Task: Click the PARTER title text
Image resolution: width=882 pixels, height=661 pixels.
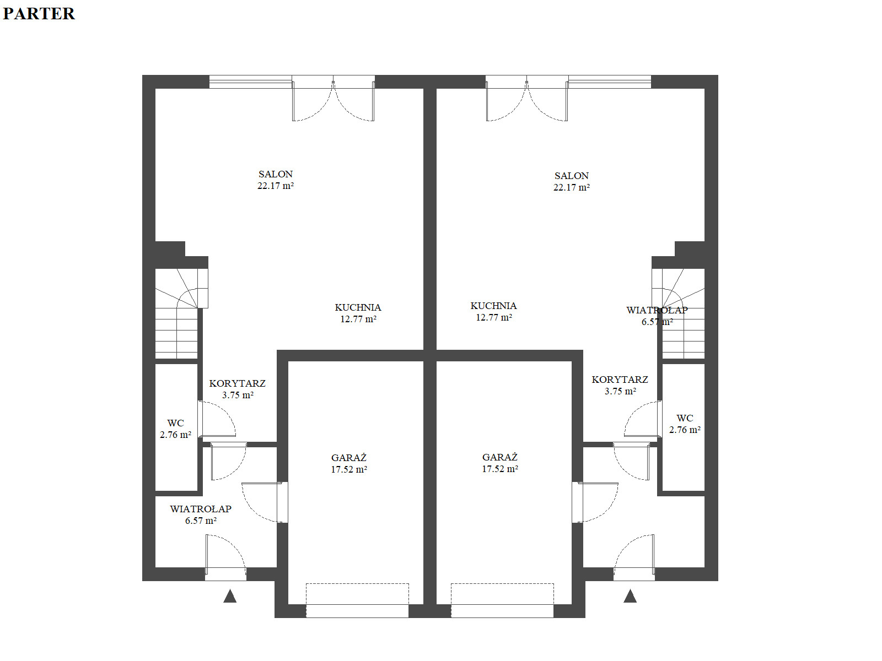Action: tap(39, 14)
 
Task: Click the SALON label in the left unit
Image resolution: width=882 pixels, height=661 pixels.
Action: tap(276, 174)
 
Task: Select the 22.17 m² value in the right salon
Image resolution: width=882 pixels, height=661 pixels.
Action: tap(572, 187)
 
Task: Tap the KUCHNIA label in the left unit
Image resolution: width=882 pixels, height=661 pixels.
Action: tap(358, 307)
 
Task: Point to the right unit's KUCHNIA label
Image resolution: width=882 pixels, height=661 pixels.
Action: tap(493, 306)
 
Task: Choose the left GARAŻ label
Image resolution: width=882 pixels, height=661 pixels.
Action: tap(349, 458)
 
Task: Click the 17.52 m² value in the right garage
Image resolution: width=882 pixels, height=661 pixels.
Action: tap(500, 469)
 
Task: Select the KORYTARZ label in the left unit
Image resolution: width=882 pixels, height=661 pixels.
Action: tap(237, 383)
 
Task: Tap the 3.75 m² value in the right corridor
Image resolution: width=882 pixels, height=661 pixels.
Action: tap(620, 391)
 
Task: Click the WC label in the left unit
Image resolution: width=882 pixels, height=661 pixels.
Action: tap(176, 423)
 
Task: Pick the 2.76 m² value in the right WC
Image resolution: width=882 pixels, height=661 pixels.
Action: tap(685, 430)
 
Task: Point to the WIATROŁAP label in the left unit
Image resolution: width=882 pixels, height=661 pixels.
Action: tap(201, 509)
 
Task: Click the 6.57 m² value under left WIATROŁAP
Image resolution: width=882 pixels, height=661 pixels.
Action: tap(201, 521)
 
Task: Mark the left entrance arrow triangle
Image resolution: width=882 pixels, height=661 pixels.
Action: tap(230, 597)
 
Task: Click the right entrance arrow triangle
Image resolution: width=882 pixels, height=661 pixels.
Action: tap(630, 597)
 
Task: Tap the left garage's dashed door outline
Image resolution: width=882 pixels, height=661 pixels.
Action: tap(357, 583)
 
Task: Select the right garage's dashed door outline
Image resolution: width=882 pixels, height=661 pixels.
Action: tap(502, 583)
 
